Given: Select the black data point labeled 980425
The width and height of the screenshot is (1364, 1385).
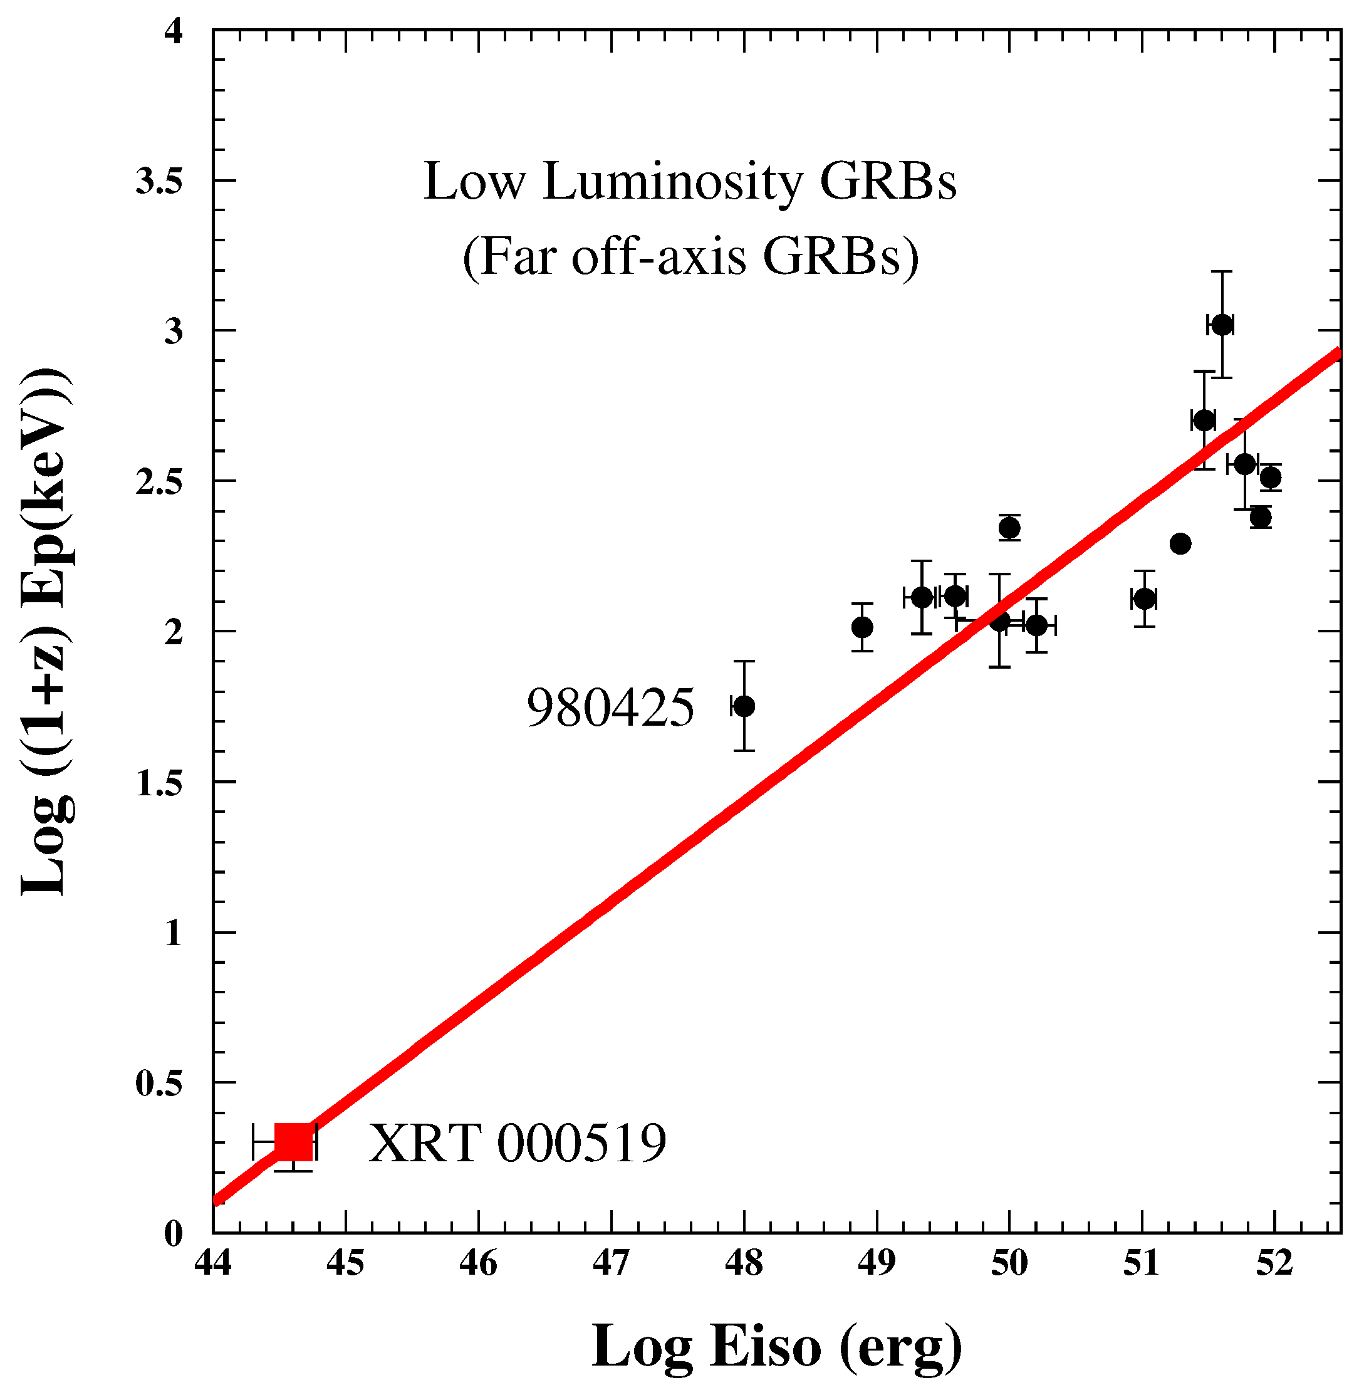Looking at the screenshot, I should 744,706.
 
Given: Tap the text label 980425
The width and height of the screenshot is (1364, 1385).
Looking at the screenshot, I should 610,709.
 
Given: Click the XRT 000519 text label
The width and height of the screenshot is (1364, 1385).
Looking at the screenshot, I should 518,1144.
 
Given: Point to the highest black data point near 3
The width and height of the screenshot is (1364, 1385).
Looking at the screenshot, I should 1221,325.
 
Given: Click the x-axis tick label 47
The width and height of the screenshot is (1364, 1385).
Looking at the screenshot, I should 611,1263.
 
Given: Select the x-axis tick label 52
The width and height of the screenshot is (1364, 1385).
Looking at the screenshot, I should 1274,1263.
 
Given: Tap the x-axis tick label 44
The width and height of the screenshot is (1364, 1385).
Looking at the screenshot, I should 213,1263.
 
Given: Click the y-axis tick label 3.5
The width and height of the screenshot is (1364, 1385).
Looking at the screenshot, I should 159,182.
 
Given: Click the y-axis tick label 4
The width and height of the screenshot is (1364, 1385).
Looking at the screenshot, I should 174,31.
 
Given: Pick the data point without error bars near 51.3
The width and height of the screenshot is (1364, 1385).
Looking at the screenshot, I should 1180,544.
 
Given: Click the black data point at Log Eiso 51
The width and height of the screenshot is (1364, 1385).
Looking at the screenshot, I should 1145,599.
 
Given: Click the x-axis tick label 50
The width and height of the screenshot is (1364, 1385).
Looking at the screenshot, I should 1009,1263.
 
